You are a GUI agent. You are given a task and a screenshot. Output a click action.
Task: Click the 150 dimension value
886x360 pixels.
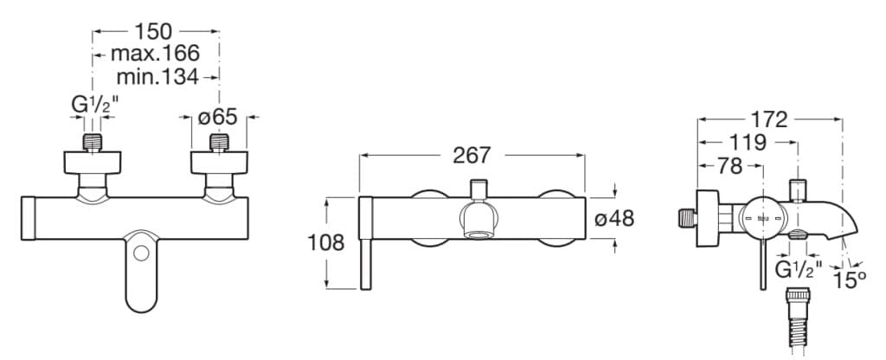click(x=154, y=32)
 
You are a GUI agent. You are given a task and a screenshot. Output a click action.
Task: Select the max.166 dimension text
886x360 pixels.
click(x=154, y=55)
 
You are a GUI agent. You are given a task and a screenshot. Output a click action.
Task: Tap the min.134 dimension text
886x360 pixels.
click(x=157, y=77)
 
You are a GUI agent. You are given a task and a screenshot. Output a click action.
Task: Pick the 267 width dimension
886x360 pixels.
click(x=472, y=155)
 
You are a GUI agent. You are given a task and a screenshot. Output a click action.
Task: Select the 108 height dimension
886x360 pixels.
click(x=326, y=242)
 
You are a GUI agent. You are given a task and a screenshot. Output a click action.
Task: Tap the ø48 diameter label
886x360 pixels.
click(x=615, y=219)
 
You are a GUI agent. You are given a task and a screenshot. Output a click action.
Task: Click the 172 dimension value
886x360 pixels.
click(x=768, y=119)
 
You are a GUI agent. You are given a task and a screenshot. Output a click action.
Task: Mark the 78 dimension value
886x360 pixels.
click(x=730, y=164)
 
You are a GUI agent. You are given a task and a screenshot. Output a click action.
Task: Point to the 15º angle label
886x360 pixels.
click(x=850, y=279)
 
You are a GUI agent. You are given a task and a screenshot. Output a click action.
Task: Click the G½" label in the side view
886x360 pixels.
click(x=796, y=268)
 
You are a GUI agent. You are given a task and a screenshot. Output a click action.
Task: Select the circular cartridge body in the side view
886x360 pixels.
click(x=763, y=221)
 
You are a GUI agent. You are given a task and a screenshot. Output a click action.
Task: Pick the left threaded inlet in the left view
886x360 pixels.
click(x=93, y=143)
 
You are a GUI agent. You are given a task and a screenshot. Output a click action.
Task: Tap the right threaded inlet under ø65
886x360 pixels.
click(x=218, y=143)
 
